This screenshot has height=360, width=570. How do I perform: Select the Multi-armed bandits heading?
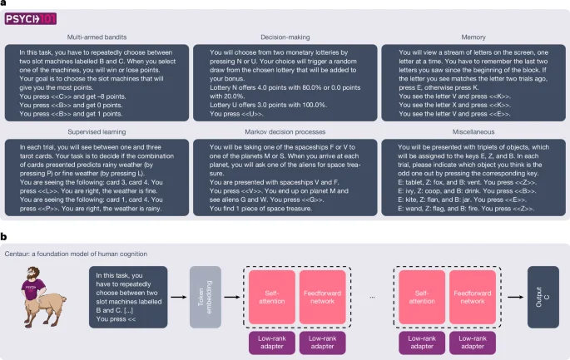(x=99, y=38)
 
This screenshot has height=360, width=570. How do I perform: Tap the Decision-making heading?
(x=284, y=38)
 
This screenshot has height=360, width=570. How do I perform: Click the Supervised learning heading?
(x=99, y=131)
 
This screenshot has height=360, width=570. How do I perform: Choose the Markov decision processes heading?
(x=284, y=131)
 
